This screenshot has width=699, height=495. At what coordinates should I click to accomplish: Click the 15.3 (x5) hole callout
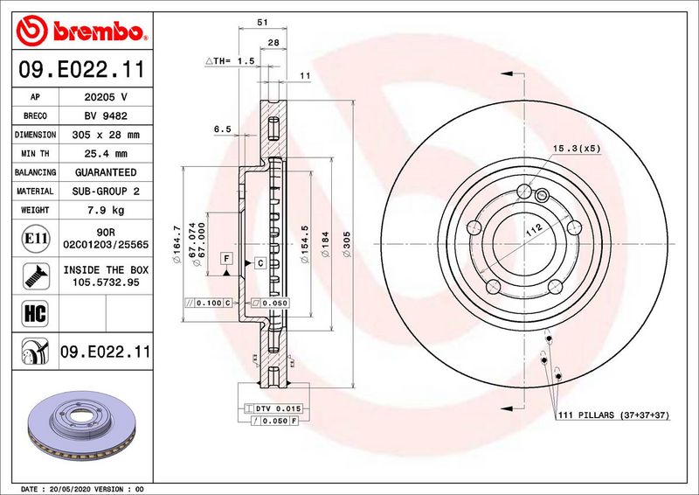(577, 149)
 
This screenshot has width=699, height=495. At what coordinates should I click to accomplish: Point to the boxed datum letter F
(226, 258)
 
